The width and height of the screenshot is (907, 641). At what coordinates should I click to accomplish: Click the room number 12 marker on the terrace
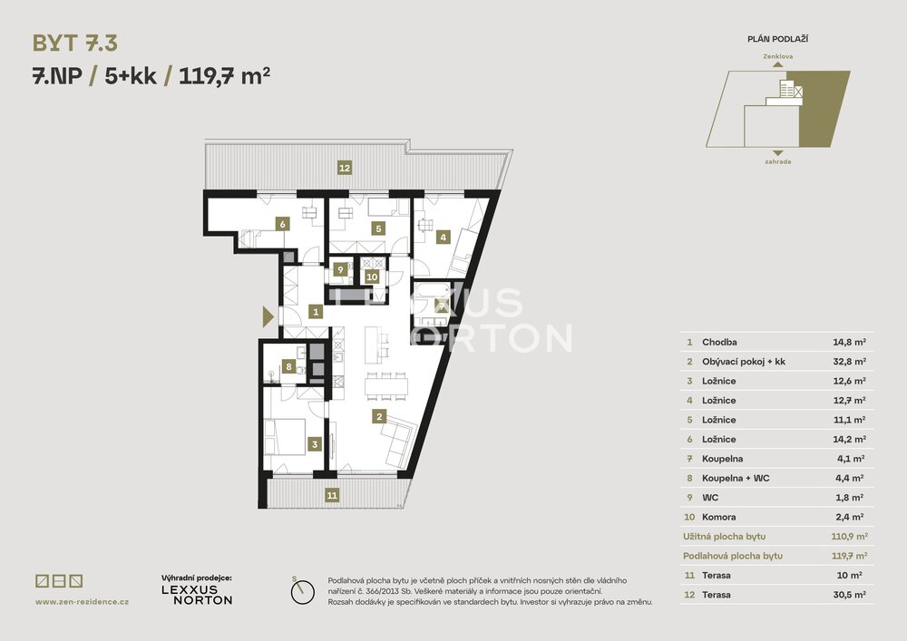pyautogui.click(x=345, y=169)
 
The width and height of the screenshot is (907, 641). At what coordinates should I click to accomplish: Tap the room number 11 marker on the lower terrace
pyautogui.click(x=332, y=495)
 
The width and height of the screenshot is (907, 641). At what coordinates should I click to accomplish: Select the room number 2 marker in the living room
pyautogui.click(x=379, y=416)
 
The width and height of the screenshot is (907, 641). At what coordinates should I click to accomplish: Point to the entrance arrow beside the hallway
pyautogui.click(x=268, y=316)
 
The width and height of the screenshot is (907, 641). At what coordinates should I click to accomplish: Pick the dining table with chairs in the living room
pyautogui.click(x=386, y=385)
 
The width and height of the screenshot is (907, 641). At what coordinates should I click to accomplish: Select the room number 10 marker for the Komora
pyautogui.click(x=372, y=277)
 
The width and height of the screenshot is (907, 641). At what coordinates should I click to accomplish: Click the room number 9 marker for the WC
pyautogui.click(x=341, y=269)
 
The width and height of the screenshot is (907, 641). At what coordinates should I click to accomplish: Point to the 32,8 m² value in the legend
pyautogui.click(x=849, y=362)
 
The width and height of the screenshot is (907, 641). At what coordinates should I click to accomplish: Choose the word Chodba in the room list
pyautogui.click(x=719, y=342)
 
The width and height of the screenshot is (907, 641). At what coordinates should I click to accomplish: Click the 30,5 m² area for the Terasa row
pyautogui.click(x=849, y=595)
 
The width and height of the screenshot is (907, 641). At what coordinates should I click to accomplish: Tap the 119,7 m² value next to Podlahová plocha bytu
pyautogui.click(x=849, y=556)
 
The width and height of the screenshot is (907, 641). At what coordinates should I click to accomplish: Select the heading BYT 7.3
pyautogui.click(x=75, y=44)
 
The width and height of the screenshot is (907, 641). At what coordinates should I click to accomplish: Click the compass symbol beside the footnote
pyautogui.click(x=302, y=592)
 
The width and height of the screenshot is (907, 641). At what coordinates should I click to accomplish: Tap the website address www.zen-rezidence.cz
pyautogui.click(x=83, y=602)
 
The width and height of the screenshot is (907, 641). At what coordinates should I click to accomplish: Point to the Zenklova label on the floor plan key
pyautogui.click(x=778, y=56)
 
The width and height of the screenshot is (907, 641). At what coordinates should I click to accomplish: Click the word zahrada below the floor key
pyautogui.click(x=778, y=162)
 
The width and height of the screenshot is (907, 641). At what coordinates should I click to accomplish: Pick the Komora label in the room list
pyautogui.click(x=719, y=518)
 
